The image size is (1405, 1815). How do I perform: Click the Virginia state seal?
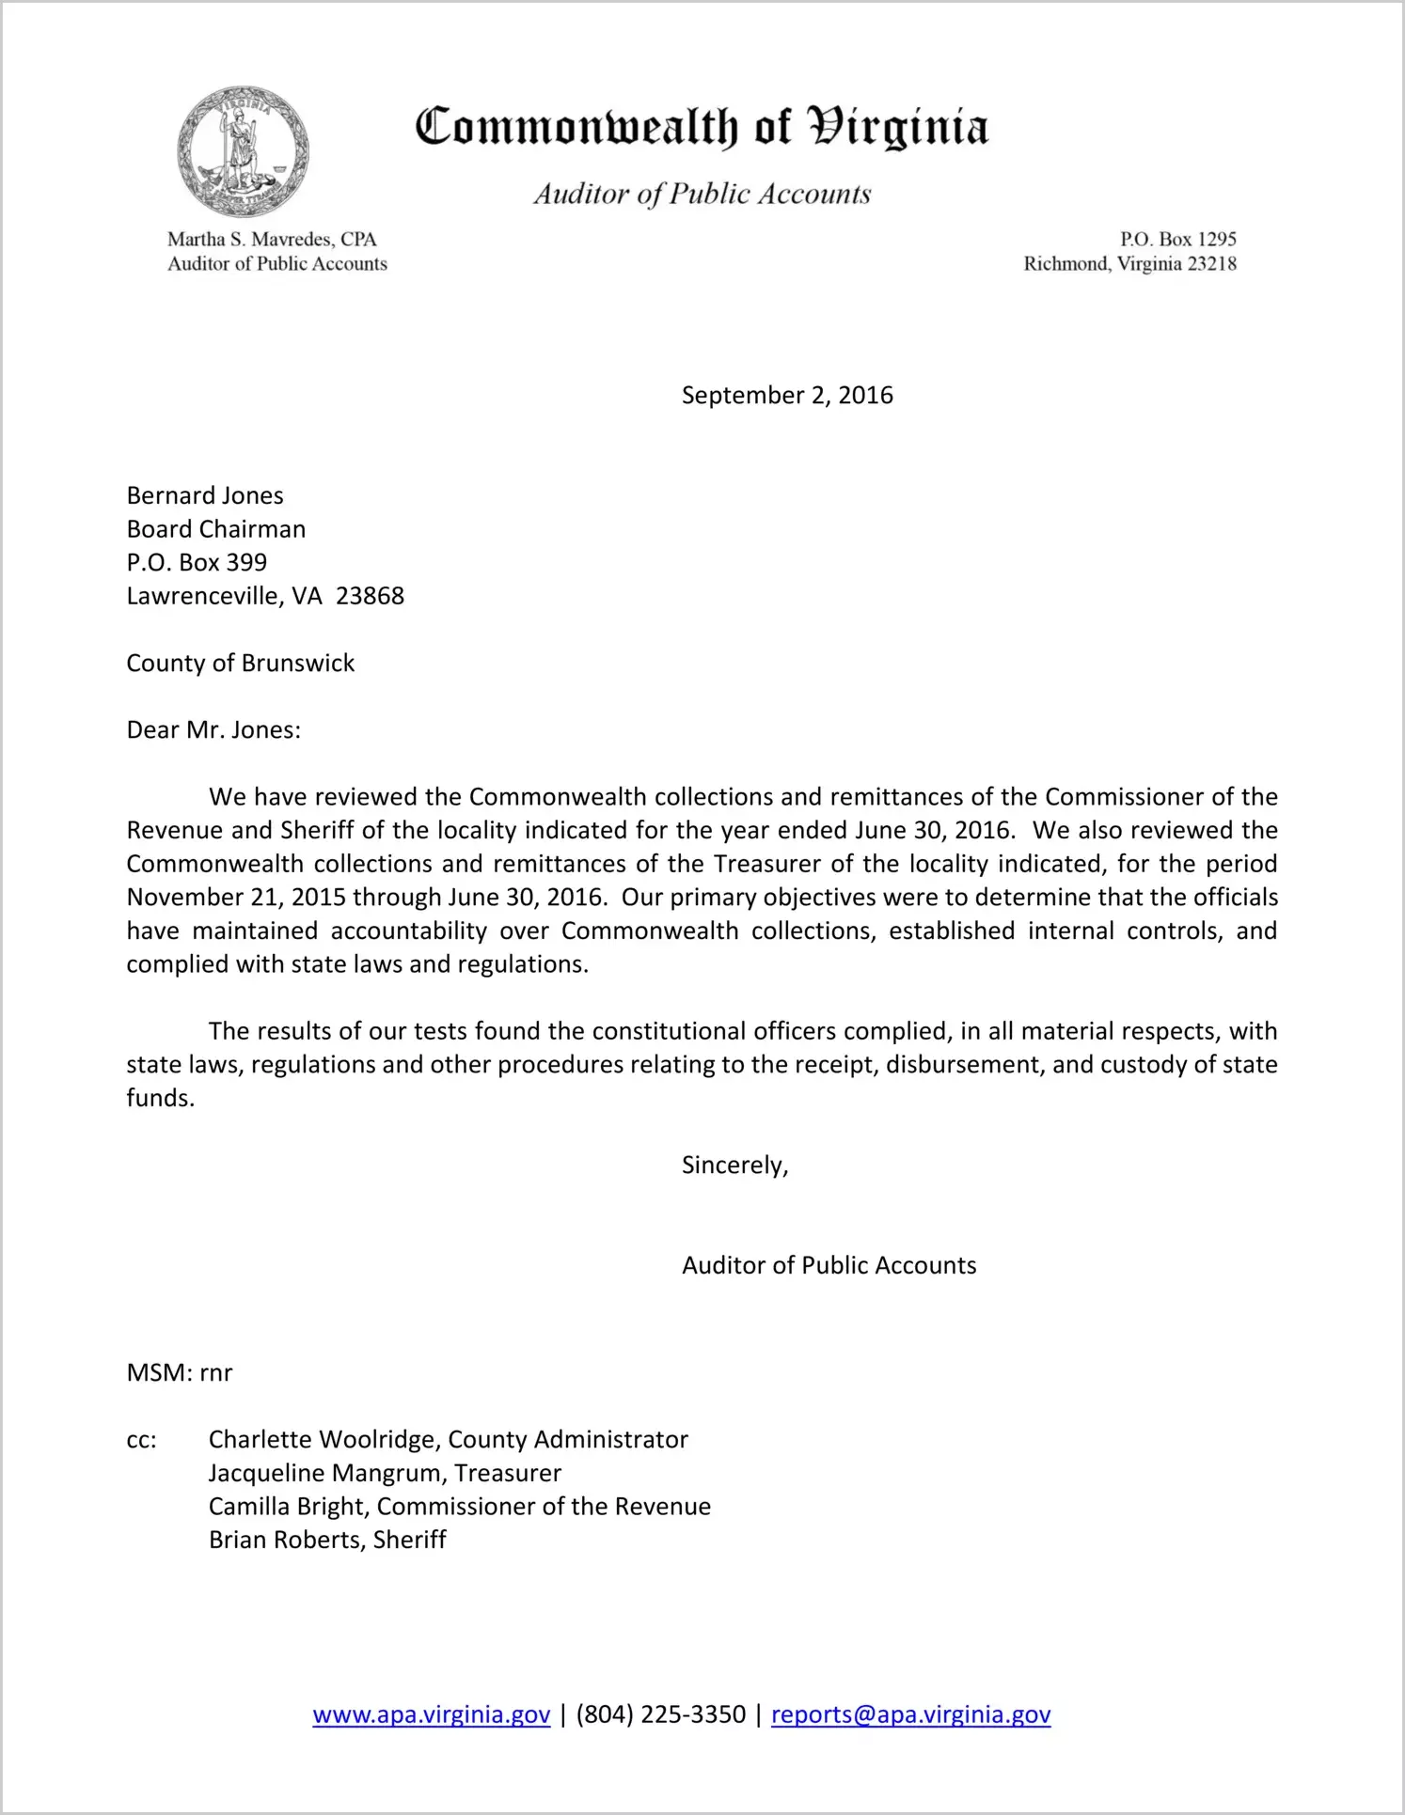click(x=243, y=152)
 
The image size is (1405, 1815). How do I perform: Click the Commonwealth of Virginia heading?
click(x=702, y=128)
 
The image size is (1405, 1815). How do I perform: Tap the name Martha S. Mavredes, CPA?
click(x=272, y=240)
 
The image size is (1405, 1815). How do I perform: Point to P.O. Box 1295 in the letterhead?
click(x=1177, y=240)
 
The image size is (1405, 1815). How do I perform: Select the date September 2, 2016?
click(x=787, y=396)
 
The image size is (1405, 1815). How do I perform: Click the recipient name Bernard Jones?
click(x=205, y=495)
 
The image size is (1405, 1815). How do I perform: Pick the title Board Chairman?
click(x=216, y=529)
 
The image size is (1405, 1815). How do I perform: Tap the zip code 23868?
click(x=370, y=596)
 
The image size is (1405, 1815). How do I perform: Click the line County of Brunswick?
click(x=241, y=664)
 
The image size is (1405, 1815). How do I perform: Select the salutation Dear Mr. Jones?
click(x=213, y=730)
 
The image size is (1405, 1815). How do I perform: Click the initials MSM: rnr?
click(x=180, y=1373)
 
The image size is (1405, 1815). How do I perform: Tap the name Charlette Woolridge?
click(x=324, y=1440)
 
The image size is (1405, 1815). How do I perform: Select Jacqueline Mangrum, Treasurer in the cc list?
click(x=385, y=1474)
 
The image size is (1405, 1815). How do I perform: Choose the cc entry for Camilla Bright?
click(x=459, y=1507)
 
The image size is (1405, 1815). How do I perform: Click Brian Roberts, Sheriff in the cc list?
click(x=327, y=1541)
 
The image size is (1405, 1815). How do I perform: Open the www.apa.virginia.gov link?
click(x=431, y=1715)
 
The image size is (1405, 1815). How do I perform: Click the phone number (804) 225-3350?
click(x=661, y=1715)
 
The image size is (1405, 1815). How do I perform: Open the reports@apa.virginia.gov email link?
click(x=910, y=1715)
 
